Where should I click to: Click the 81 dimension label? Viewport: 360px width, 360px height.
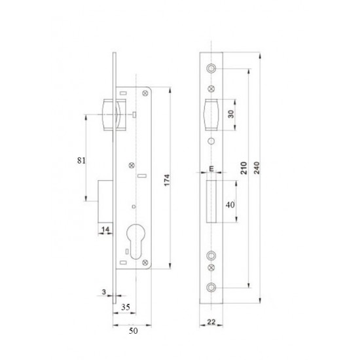[81, 160]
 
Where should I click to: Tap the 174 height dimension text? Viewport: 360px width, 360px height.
[167, 180]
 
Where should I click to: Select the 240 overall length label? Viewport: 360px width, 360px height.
[257, 168]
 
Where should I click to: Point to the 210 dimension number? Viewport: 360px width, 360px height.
[244, 168]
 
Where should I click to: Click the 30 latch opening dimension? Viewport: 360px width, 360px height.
[231, 114]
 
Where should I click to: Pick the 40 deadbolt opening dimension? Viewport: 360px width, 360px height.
[230, 205]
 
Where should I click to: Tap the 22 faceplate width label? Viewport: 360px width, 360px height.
[211, 322]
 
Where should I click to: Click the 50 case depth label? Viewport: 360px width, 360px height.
[134, 331]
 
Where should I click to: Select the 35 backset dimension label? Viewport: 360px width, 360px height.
[126, 307]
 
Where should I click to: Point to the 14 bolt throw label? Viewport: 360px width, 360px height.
[105, 229]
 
